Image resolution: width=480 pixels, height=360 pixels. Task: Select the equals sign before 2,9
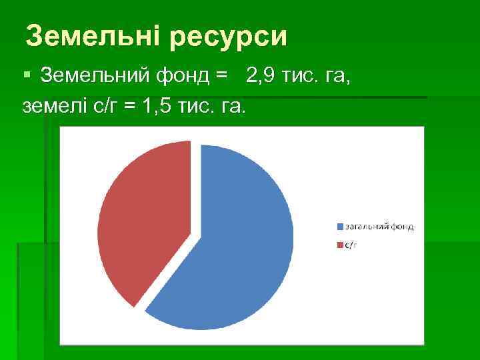click(x=222, y=77)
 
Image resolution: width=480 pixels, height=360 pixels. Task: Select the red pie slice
click(x=140, y=220)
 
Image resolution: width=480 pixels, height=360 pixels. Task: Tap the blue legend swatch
click(x=340, y=227)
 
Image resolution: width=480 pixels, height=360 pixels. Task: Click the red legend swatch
click(x=340, y=245)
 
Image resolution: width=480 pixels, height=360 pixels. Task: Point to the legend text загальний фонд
click(x=379, y=227)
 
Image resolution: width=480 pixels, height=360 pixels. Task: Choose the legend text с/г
click(x=351, y=245)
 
